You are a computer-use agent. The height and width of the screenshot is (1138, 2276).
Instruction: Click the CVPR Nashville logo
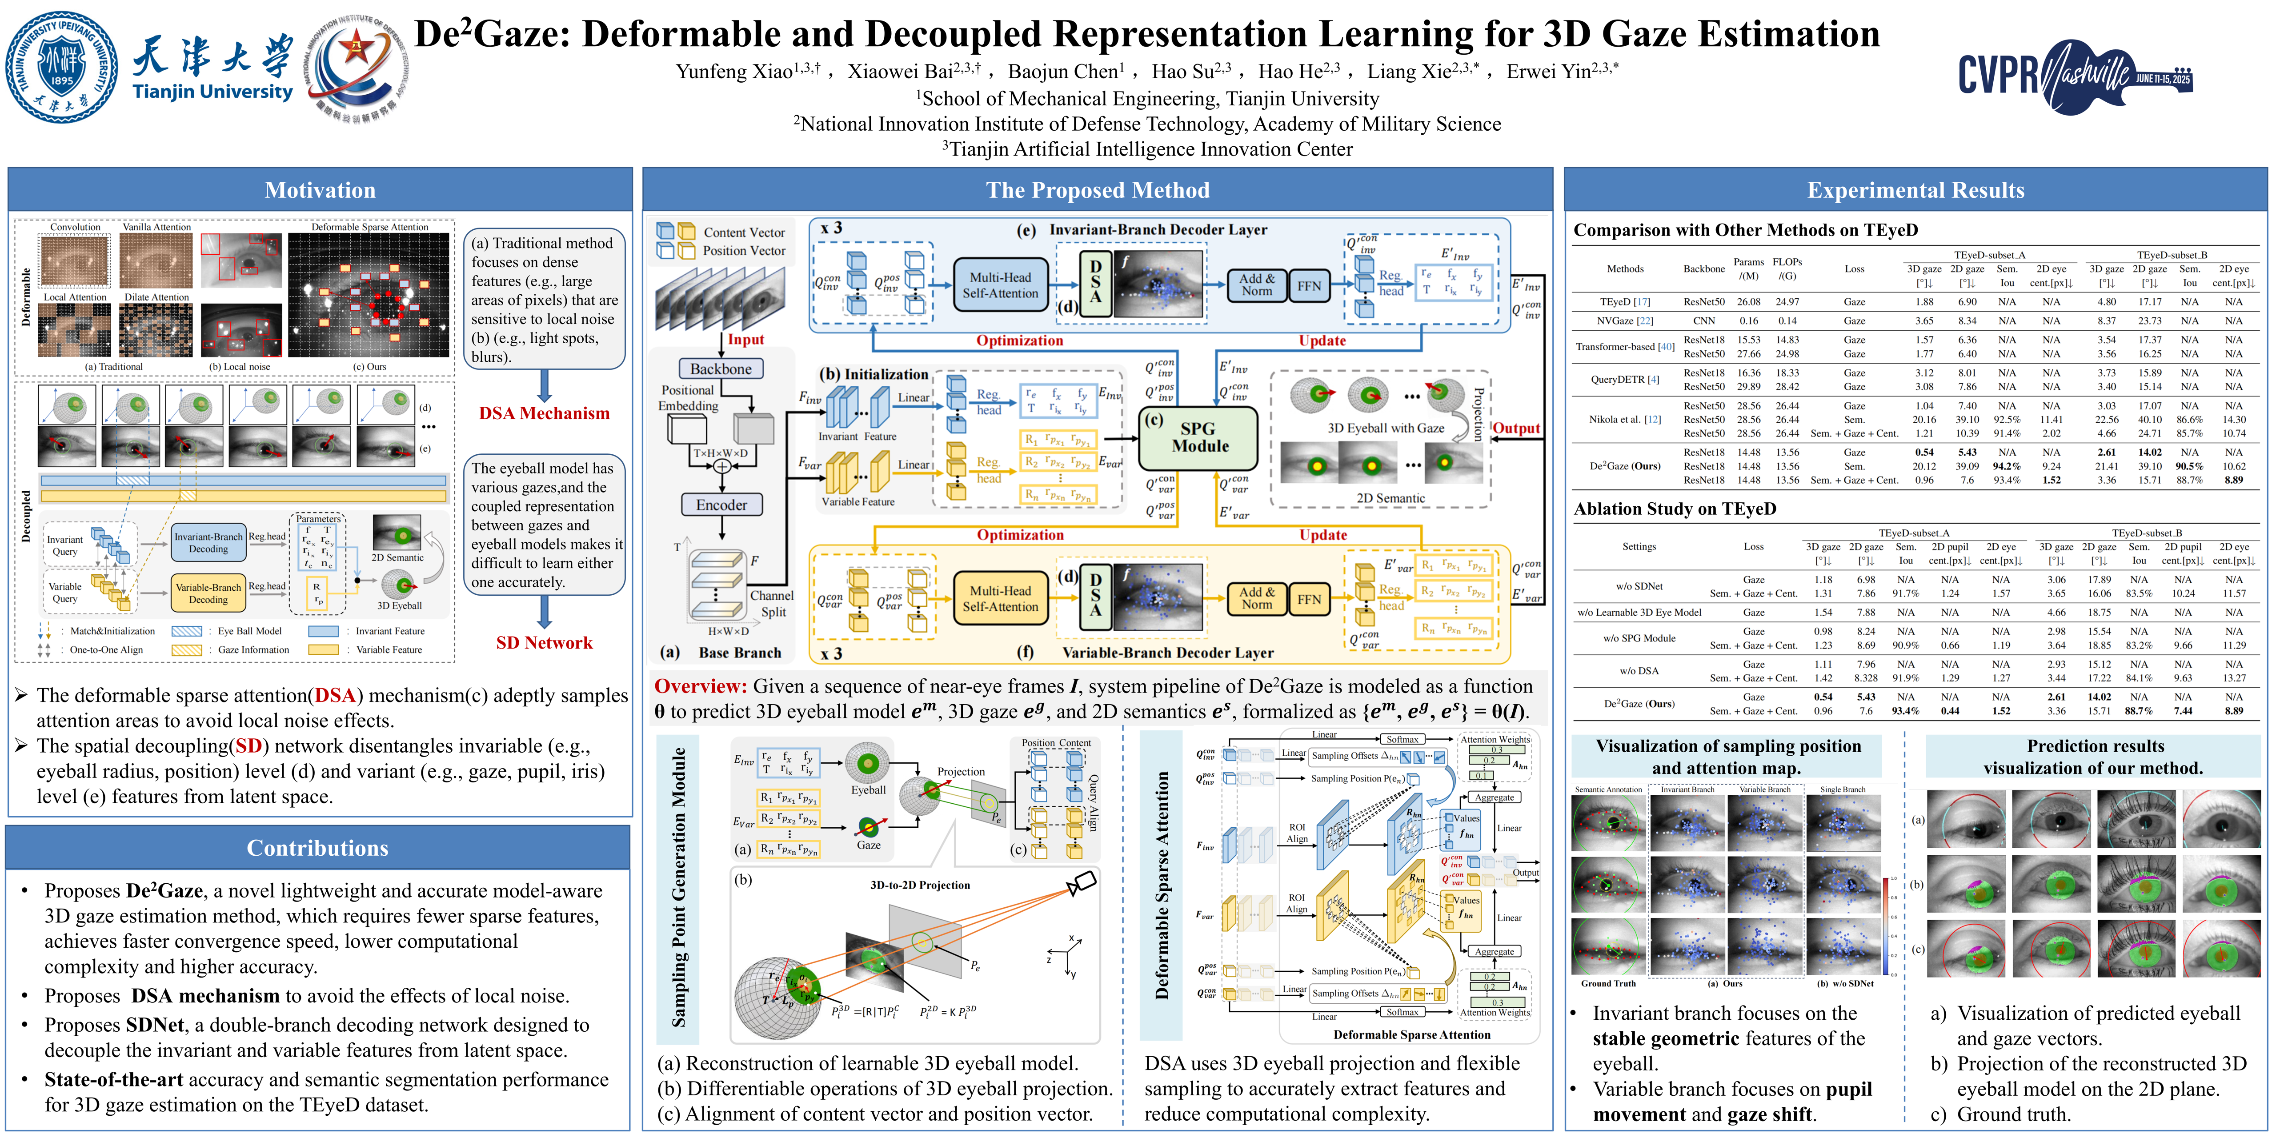(x=2075, y=76)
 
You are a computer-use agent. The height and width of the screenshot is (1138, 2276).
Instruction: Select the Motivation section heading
(x=320, y=190)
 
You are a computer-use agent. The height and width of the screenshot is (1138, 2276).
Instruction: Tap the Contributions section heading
(x=317, y=848)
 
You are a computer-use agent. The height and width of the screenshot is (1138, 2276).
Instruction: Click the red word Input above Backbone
(x=746, y=339)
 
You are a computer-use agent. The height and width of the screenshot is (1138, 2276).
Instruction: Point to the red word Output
(x=1516, y=429)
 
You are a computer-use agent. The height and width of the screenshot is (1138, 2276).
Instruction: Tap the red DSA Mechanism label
(x=544, y=413)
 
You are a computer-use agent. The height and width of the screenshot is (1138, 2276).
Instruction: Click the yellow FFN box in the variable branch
(x=1309, y=599)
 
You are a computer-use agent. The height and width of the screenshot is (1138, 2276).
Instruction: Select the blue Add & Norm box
(x=1256, y=284)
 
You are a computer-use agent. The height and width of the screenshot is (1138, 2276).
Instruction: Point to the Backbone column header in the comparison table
(x=1703, y=268)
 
